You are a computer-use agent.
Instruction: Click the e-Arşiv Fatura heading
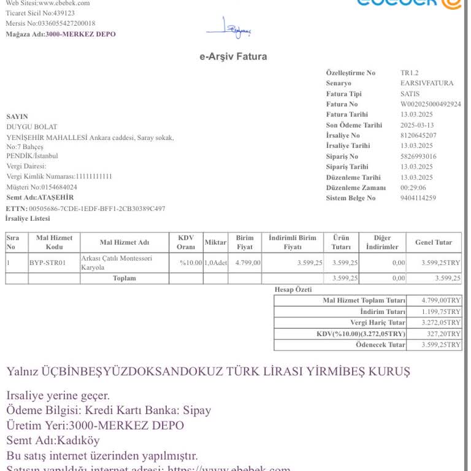(233, 56)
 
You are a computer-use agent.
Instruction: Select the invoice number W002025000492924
(431, 104)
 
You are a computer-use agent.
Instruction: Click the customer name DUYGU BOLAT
(31, 127)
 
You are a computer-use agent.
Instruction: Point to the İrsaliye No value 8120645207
(418, 135)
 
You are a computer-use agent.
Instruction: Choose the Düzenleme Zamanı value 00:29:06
(413, 188)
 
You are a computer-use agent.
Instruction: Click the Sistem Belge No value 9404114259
(418, 198)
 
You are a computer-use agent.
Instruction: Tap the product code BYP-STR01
(48, 263)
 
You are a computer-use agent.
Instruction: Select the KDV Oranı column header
(186, 242)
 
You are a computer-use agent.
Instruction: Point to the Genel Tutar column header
(434, 242)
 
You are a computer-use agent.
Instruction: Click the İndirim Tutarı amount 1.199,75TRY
(441, 312)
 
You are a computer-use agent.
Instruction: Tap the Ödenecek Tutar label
(380, 345)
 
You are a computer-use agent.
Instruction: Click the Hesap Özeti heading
(294, 289)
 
